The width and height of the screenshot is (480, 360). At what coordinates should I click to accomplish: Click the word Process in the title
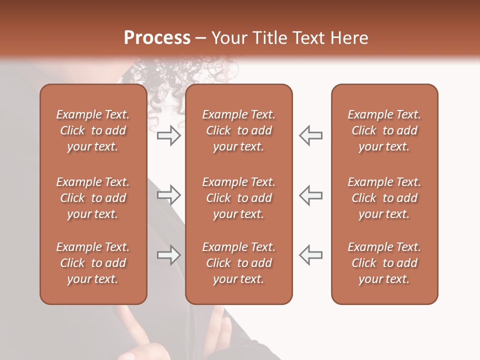click(x=157, y=38)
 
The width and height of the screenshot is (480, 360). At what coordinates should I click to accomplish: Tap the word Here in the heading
click(x=348, y=38)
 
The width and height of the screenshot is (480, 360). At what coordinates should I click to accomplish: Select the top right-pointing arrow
click(x=168, y=135)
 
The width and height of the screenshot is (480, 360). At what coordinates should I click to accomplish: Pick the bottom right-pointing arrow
click(x=168, y=254)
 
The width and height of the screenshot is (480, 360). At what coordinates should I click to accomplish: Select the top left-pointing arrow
click(x=310, y=135)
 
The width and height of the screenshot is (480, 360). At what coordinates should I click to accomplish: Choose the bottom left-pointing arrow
click(x=310, y=254)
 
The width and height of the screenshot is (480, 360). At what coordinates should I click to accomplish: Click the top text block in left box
click(x=93, y=130)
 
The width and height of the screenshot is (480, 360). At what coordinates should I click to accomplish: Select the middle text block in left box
click(x=93, y=198)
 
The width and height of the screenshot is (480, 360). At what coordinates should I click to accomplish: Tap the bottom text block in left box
click(x=93, y=263)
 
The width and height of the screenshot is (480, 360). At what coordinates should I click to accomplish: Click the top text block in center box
click(x=238, y=130)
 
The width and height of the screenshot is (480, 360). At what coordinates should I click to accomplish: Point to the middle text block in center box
click(x=238, y=198)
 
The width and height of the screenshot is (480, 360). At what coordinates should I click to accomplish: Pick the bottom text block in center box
click(x=238, y=263)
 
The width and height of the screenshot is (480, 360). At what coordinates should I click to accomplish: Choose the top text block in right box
click(x=384, y=130)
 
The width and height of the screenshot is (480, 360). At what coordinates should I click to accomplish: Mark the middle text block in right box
click(x=384, y=198)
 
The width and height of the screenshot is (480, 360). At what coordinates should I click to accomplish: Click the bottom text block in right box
click(x=384, y=263)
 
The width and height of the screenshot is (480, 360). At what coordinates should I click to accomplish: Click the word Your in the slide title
click(x=227, y=38)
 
